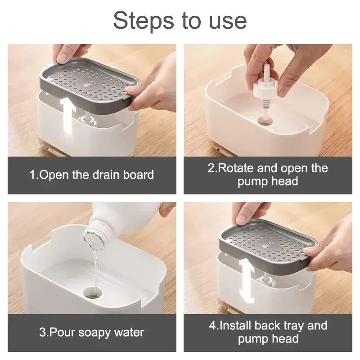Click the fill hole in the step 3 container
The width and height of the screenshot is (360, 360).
click(93, 293)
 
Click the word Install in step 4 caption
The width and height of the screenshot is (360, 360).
click(237, 326)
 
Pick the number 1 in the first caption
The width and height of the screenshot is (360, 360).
click(33, 175)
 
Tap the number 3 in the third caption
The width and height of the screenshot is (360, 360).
click(42, 333)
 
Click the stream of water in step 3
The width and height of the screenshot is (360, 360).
click(94, 265)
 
